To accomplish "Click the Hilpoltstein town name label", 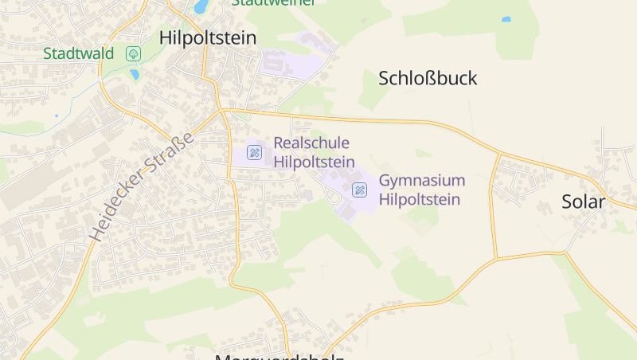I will click(207, 37).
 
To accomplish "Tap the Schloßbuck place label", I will click(428, 78).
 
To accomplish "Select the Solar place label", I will click(583, 202).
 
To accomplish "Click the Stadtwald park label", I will click(79, 54).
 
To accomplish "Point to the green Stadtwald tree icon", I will click(133, 53).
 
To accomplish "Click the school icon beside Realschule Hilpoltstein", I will click(254, 152).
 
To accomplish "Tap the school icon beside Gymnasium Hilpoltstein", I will click(360, 190).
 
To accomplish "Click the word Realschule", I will click(311, 143).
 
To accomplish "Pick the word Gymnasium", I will click(421, 180).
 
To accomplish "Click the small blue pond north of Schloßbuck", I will click(506, 19).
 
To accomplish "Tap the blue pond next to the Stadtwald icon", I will click(135, 74).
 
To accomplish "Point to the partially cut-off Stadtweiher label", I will click(273, 2).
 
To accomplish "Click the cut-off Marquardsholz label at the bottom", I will click(279, 356).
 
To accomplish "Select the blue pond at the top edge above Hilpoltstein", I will click(201, 6).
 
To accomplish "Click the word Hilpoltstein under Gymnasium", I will click(419, 199).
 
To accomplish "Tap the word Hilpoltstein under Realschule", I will click(314, 162).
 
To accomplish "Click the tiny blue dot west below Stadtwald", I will click(57, 115).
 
